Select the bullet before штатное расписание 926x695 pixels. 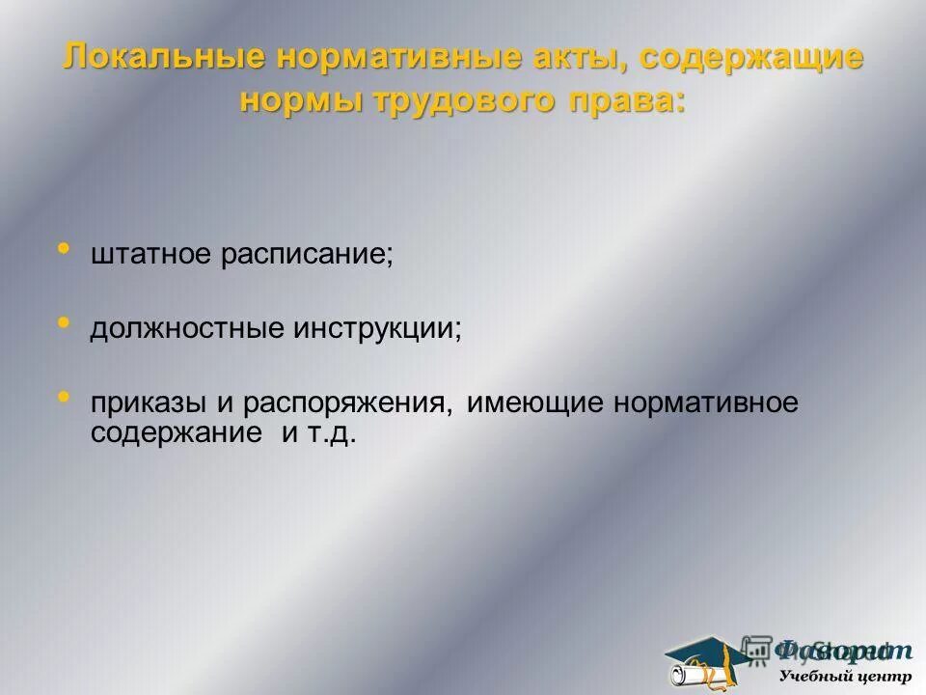(x=65, y=251)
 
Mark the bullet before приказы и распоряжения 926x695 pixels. (x=65, y=396)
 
